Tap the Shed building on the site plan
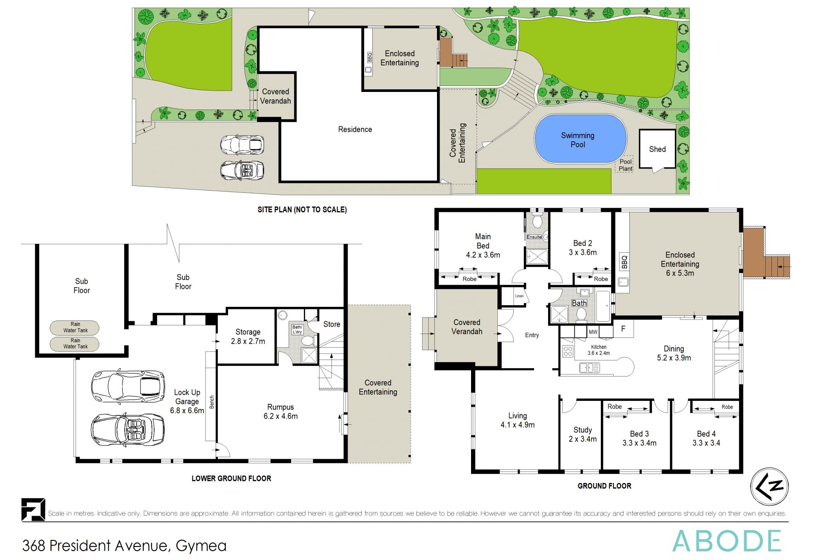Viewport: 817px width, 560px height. point(657,149)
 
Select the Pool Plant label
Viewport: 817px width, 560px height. point(625,165)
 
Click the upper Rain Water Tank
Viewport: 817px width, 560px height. point(75,327)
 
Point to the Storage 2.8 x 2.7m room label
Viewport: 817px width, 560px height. point(248,336)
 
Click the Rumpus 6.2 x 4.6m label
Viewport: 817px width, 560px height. point(280,411)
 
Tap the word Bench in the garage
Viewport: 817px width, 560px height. point(211,402)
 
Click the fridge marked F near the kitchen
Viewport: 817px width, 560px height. point(623,329)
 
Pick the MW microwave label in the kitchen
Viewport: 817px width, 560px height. point(593,332)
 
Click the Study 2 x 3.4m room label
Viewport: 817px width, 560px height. point(583,434)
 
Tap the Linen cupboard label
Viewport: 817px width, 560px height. point(519,296)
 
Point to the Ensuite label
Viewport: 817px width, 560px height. point(534,237)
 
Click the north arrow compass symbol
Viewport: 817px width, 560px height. point(769,486)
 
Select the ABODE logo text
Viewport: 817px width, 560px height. point(726,541)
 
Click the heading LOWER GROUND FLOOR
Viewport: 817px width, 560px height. point(231,478)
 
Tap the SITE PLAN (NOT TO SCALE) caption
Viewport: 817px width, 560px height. point(302,209)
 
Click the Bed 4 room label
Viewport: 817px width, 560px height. point(706,438)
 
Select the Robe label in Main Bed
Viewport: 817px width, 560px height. point(469,279)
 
